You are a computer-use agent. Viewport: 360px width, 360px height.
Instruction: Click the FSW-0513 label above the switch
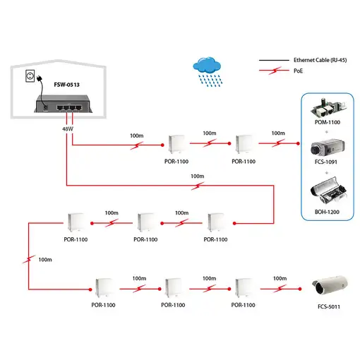[x=67, y=84]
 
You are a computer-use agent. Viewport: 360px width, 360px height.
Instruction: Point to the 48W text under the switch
[x=68, y=128]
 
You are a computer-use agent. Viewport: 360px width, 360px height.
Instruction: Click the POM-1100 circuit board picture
[x=327, y=109]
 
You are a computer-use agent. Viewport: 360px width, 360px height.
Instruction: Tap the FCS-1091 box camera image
[x=327, y=150]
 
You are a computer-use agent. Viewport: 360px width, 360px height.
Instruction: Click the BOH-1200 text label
[x=327, y=211]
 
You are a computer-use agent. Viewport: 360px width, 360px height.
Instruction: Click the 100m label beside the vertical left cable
[x=45, y=260]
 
